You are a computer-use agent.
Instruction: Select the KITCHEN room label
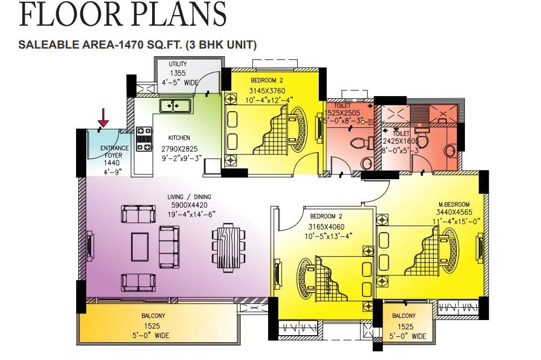coord(179,138)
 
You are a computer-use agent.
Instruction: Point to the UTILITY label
coord(177,64)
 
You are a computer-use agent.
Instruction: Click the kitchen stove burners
coord(143,138)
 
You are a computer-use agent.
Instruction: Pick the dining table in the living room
coord(228,247)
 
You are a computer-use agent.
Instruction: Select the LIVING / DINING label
coord(189,197)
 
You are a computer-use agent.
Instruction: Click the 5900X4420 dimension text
coord(189,206)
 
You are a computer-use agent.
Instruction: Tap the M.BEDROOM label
coord(453,205)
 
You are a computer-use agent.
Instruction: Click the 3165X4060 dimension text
coord(326,227)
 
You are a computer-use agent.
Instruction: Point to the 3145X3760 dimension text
coord(268,91)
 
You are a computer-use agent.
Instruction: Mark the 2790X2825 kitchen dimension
coord(179,149)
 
